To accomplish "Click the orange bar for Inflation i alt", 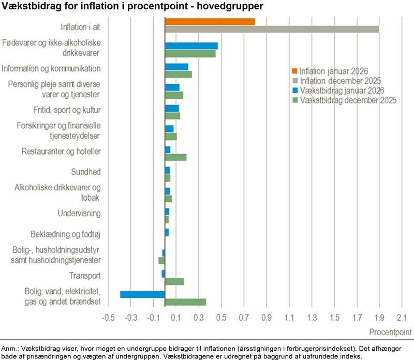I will pyautogui.click(x=210, y=21).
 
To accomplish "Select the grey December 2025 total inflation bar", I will pyautogui.click(x=272, y=29).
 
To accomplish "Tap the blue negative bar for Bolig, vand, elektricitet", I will pyautogui.click(x=142, y=294).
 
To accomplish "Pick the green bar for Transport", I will pyautogui.click(x=174, y=281).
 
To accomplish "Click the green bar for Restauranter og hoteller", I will pyautogui.click(x=175, y=157).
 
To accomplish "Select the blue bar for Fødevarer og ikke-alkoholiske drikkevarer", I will pyautogui.click(x=191, y=46).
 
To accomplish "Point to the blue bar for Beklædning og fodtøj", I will pyautogui.click(x=167, y=232).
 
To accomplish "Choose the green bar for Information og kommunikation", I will pyautogui.click(x=178, y=74).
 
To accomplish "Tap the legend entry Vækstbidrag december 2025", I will pyautogui.click(x=344, y=100).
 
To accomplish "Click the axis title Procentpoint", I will pyautogui.click(x=391, y=331).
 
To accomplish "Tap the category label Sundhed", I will pyautogui.click(x=85, y=172).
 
